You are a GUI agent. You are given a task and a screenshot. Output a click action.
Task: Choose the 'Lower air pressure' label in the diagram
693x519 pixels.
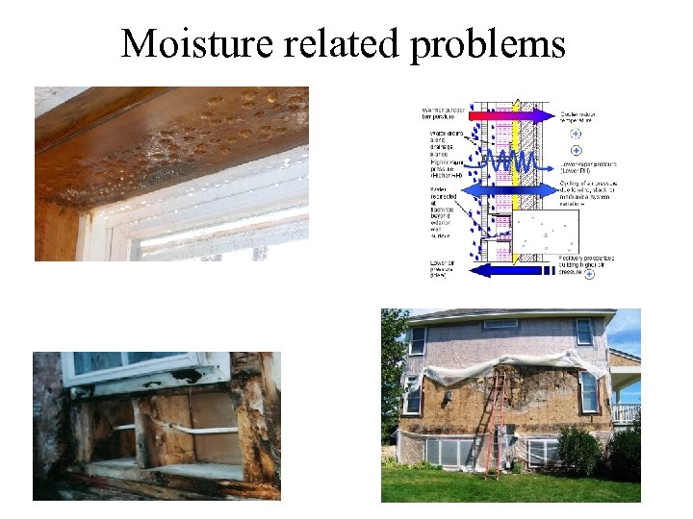(442, 270)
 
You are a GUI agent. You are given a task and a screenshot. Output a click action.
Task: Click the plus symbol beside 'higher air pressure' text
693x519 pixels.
(589, 275)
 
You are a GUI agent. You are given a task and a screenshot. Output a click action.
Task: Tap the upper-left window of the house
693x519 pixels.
(418, 341)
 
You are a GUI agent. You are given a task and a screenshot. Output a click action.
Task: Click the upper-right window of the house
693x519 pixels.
(584, 332)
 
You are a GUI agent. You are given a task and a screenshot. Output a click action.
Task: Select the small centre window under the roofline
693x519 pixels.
(501, 326)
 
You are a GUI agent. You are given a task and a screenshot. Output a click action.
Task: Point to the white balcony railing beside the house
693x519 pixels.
(626, 413)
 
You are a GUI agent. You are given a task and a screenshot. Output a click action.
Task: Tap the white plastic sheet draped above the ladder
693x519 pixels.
(500, 363)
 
